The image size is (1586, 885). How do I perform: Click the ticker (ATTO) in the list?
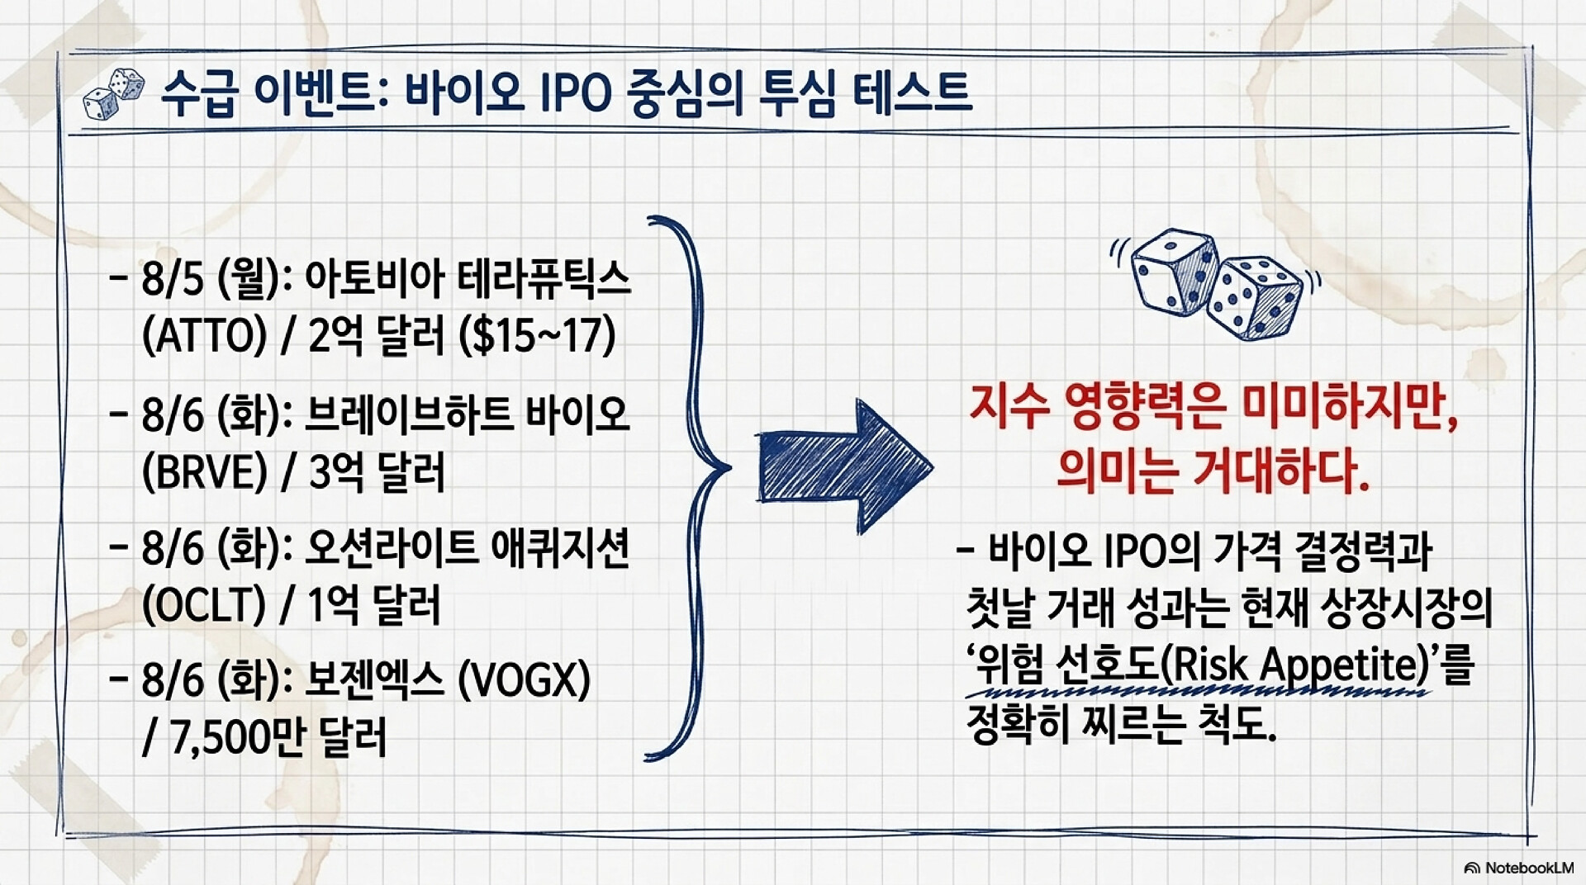(x=205, y=336)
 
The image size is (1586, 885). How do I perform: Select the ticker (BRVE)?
(x=205, y=471)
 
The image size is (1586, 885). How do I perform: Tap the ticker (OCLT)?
(x=203, y=606)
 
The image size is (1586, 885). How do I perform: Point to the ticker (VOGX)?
(x=524, y=680)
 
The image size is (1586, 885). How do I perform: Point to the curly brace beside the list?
(x=688, y=487)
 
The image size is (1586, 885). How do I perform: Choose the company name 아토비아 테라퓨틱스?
(x=468, y=280)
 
